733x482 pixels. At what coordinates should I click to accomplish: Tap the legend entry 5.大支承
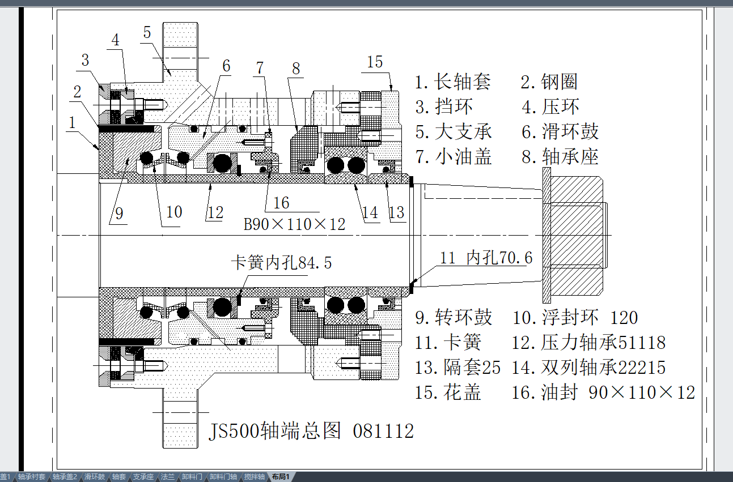coord(453,132)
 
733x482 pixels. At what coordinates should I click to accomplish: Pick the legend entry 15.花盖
coord(448,393)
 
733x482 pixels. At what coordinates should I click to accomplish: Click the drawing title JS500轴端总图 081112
coord(311,432)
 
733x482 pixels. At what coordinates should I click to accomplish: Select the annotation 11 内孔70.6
coord(486,258)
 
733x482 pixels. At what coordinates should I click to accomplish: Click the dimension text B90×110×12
coord(294,224)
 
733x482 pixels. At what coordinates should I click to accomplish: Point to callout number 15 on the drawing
coord(375,62)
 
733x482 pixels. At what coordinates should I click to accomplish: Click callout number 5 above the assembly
coord(147,32)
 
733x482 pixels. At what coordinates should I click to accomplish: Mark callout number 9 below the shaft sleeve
coord(118,214)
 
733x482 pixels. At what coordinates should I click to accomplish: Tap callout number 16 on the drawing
coord(281,203)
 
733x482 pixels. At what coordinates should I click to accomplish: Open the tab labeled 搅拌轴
coord(255,477)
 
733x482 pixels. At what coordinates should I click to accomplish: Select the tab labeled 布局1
coord(280,477)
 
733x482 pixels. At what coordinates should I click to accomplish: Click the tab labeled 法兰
coord(168,477)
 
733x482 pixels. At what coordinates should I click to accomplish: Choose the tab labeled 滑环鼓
coord(95,477)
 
